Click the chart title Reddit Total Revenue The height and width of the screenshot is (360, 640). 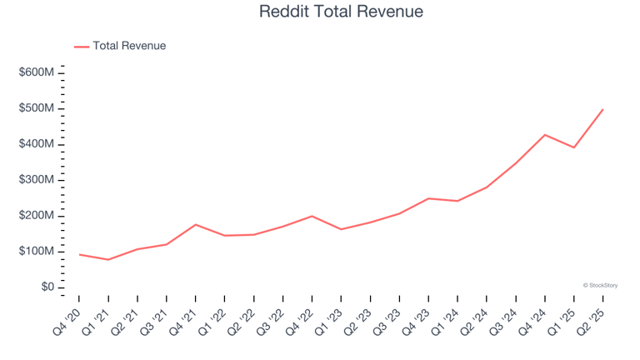click(x=341, y=12)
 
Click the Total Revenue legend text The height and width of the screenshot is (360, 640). click(x=129, y=46)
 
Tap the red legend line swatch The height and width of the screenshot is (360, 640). click(x=82, y=47)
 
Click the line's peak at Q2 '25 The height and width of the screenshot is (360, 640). click(x=602, y=109)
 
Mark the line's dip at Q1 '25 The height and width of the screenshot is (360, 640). click(x=573, y=147)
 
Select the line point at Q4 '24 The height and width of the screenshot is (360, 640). click(x=544, y=135)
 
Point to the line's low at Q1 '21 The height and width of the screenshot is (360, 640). click(x=108, y=259)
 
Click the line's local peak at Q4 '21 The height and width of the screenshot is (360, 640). click(x=195, y=224)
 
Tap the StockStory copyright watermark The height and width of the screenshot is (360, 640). click(x=600, y=285)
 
